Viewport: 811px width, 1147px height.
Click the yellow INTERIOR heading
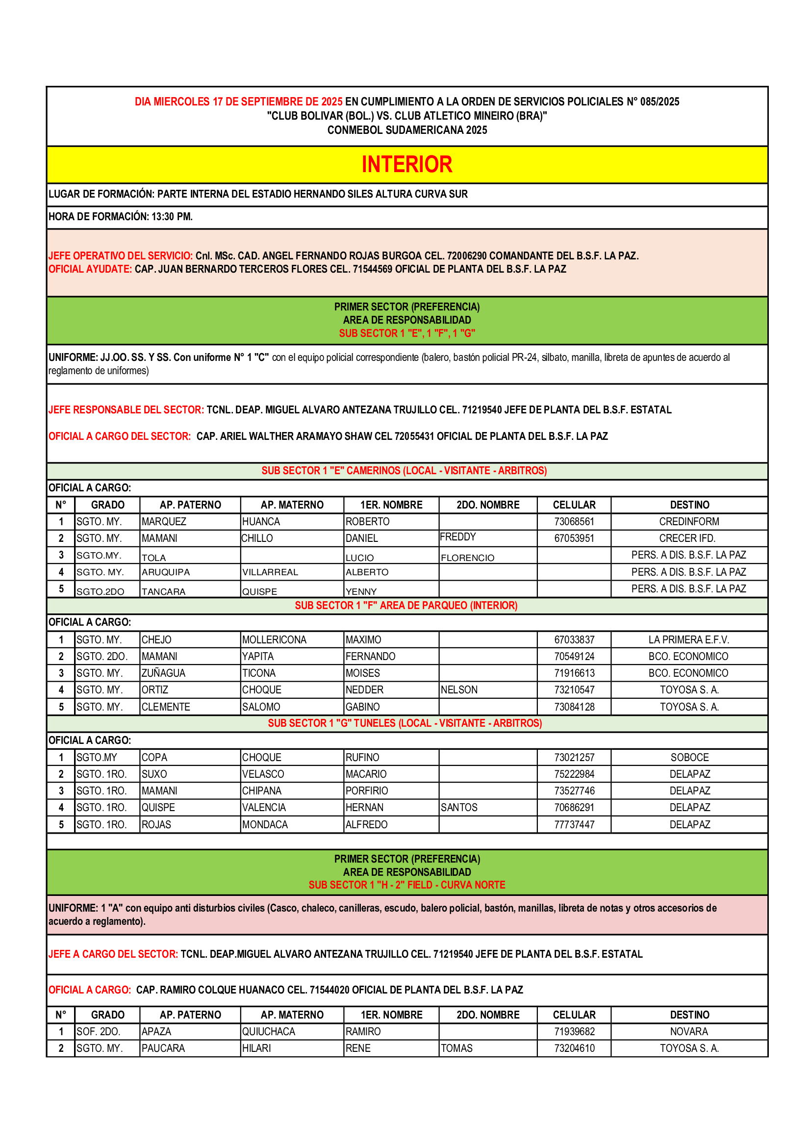point(406,164)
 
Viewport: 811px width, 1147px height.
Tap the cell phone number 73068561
point(574,522)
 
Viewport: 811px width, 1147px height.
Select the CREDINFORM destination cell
point(688,522)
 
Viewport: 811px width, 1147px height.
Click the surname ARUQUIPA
point(165,572)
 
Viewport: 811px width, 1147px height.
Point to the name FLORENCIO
point(467,558)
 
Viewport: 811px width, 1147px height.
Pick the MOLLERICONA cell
point(274,639)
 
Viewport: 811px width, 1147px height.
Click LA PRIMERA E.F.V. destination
point(688,639)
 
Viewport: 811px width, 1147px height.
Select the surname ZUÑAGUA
point(163,673)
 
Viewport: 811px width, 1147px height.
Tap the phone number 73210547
point(574,690)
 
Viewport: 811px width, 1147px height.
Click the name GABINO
point(362,707)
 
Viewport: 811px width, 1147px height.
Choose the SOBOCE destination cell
point(689,757)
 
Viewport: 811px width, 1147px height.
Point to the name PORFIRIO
point(367,791)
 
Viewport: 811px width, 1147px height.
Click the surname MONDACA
point(265,824)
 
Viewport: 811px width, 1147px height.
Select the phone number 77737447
point(574,824)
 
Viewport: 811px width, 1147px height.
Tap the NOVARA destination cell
point(688,1032)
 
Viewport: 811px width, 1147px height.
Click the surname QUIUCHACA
point(269,1032)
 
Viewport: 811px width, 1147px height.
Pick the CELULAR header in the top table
point(574,505)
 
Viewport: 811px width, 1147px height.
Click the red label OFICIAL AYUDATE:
point(90,269)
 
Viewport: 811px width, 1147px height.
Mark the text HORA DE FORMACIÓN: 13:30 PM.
point(120,217)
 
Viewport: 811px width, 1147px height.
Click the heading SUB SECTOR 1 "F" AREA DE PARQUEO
point(406,606)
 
